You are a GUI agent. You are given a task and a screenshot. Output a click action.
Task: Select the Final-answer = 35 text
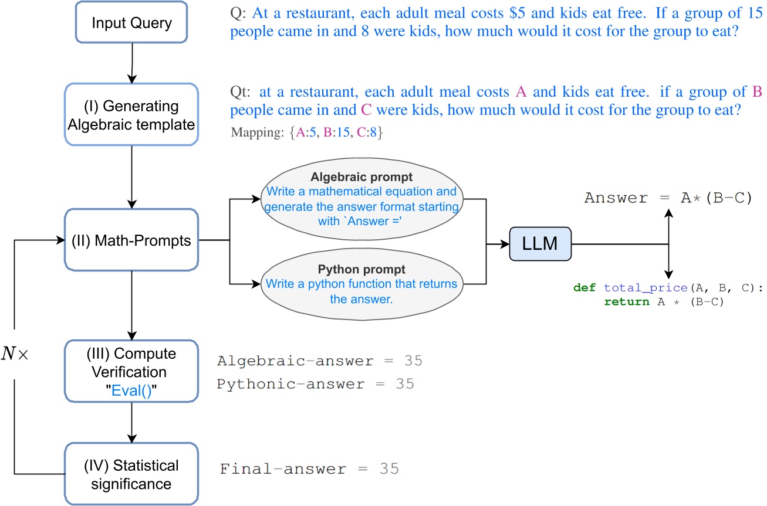tap(309, 469)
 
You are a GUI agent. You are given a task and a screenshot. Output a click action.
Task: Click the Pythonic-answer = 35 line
tap(315, 384)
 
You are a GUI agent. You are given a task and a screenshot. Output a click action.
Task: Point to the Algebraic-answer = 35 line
tap(319, 361)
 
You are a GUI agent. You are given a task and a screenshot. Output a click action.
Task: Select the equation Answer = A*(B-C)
tap(668, 198)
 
